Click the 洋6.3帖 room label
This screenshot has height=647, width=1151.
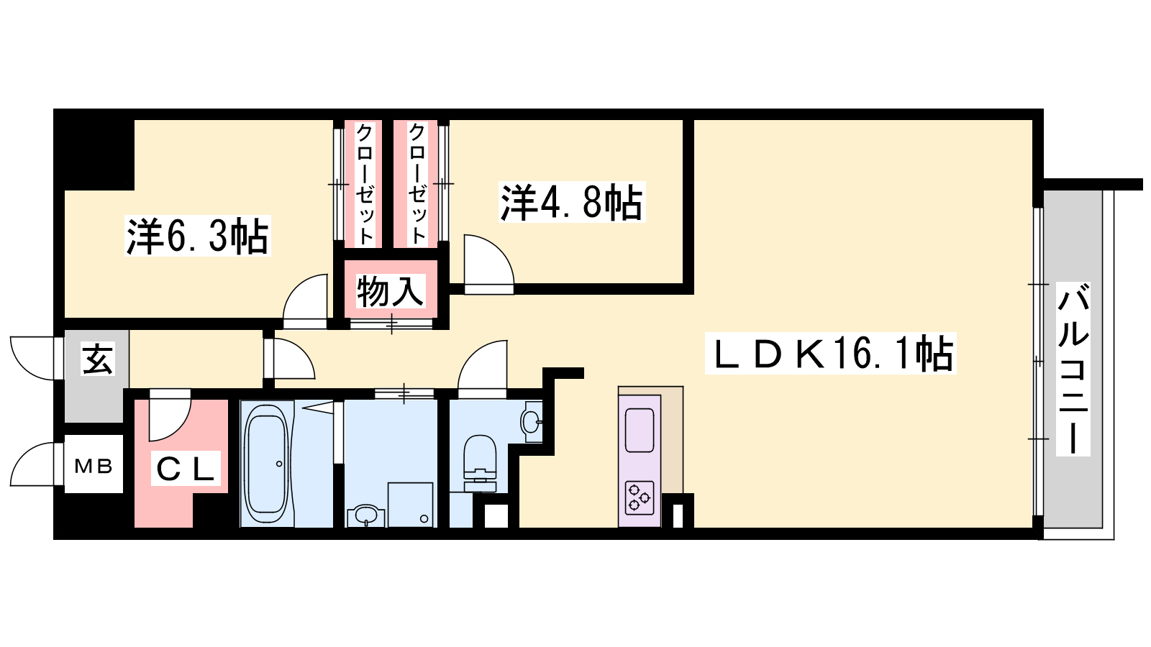[198, 237]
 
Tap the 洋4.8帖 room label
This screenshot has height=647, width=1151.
[572, 202]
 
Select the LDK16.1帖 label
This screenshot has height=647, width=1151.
[830, 353]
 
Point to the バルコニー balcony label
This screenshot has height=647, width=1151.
[1073, 370]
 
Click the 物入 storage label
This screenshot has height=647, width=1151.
[391, 291]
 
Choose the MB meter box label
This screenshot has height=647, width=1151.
[94, 467]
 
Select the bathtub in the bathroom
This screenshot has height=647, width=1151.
[266, 463]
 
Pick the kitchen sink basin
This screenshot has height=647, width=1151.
[640, 431]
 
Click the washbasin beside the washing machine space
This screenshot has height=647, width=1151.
[365, 516]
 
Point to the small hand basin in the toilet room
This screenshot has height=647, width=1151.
[532, 421]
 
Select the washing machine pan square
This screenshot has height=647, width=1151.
[410, 505]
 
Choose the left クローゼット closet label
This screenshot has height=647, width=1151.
[364, 184]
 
